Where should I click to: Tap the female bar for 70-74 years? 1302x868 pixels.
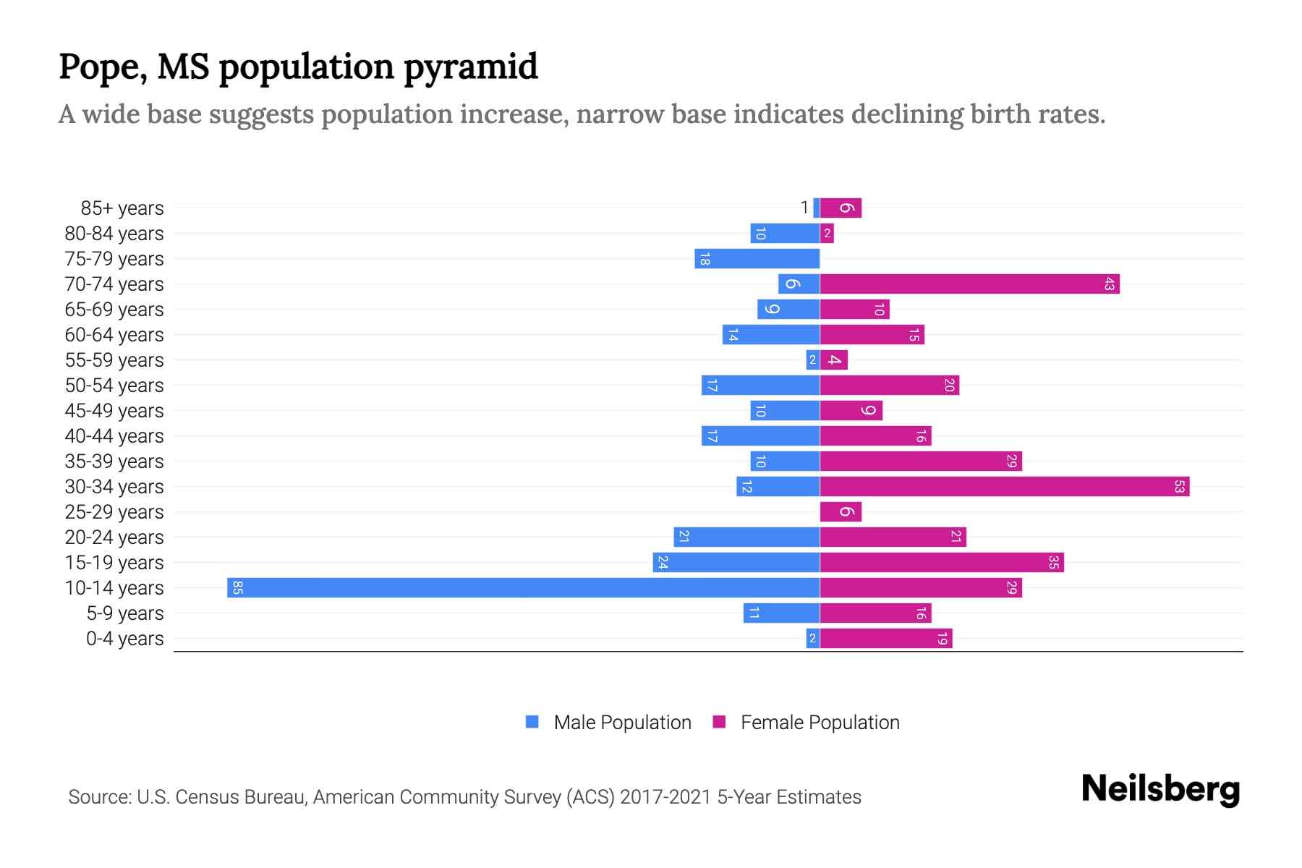[x=969, y=284]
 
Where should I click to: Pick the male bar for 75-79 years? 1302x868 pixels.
[x=757, y=258]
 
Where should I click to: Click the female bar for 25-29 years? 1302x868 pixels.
[x=841, y=511]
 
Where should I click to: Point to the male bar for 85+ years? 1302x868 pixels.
[x=817, y=208]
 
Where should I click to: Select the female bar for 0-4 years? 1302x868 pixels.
[x=885, y=638]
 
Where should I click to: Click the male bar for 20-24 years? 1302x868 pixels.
[x=746, y=537]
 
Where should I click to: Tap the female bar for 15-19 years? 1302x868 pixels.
[x=941, y=562]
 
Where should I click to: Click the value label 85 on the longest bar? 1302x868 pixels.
[x=237, y=587]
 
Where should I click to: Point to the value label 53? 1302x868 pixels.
[x=1179, y=486]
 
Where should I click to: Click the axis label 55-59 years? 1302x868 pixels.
[x=114, y=359]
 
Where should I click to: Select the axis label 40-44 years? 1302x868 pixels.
[x=114, y=435]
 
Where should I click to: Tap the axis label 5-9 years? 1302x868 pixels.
[x=124, y=613]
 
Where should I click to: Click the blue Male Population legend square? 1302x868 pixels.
[x=532, y=722]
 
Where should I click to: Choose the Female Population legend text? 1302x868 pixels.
[x=820, y=722]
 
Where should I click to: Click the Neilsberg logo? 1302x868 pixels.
[x=1160, y=789]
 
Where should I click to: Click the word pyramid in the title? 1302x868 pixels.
[x=470, y=67]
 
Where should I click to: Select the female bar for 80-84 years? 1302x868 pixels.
[x=827, y=233]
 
